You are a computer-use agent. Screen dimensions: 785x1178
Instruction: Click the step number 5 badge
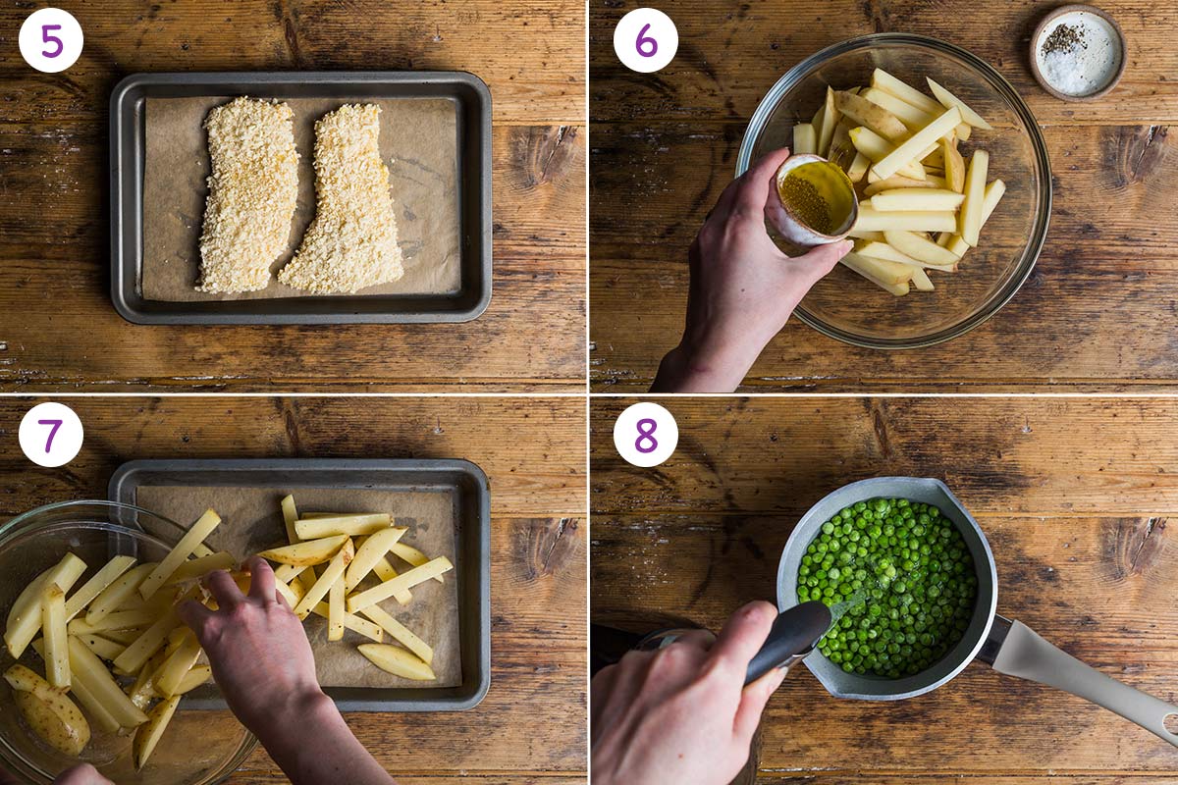pos(51,40)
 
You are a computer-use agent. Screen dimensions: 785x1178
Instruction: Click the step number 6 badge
pos(645,40)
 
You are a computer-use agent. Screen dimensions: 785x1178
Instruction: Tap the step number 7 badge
pos(51,435)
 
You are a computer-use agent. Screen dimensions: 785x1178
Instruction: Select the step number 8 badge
pos(645,435)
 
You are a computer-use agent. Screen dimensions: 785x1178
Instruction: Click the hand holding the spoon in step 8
pos(677,706)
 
